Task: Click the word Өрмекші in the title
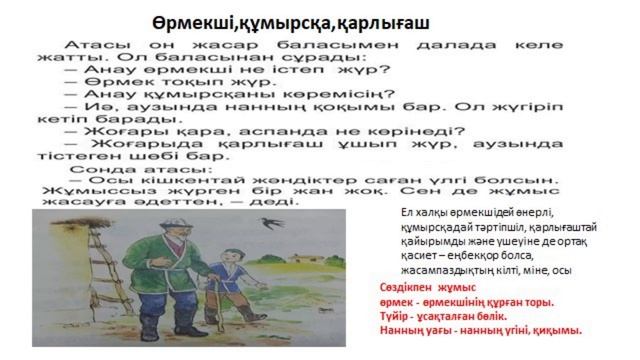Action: [190, 22]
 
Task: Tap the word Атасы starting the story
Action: [95, 48]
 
